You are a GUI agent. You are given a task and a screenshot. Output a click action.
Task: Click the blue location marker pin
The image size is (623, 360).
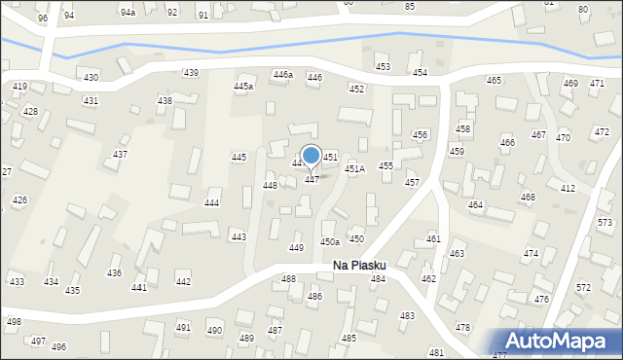[x=311, y=156]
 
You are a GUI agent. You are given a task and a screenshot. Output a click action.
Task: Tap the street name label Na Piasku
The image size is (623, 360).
[x=359, y=265]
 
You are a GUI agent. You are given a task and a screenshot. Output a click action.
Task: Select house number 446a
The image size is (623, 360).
[x=282, y=75]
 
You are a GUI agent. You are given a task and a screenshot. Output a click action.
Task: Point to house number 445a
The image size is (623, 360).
[x=243, y=87]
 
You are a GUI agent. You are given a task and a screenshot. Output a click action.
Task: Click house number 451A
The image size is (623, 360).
[x=354, y=168]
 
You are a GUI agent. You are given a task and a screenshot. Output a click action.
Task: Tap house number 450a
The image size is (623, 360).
[x=330, y=241]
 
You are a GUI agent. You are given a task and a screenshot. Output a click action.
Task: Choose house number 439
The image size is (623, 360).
[x=191, y=73]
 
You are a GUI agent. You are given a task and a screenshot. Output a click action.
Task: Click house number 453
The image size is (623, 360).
[x=383, y=66]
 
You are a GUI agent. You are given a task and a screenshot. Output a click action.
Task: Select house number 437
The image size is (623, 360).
[x=121, y=155]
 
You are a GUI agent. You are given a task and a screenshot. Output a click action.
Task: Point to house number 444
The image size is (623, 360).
[x=211, y=203]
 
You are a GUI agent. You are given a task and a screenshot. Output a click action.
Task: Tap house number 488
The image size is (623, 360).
[x=288, y=279]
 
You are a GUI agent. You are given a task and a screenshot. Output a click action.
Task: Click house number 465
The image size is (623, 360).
[x=494, y=80]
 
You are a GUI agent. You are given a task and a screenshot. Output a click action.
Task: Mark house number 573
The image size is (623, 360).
[x=605, y=223]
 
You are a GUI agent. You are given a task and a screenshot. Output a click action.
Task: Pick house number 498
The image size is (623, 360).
[x=14, y=322]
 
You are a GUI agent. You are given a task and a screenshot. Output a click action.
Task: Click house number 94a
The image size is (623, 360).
[x=128, y=12]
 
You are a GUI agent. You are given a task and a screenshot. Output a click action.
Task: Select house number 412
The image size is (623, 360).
[x=568, y=188]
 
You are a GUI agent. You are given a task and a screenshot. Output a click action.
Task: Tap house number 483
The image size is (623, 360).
[x=407, y=316]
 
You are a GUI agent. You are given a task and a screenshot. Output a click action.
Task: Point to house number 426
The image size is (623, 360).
[x=19, y=200]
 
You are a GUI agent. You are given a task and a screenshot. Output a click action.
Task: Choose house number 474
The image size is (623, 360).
[x=531, y=253]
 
